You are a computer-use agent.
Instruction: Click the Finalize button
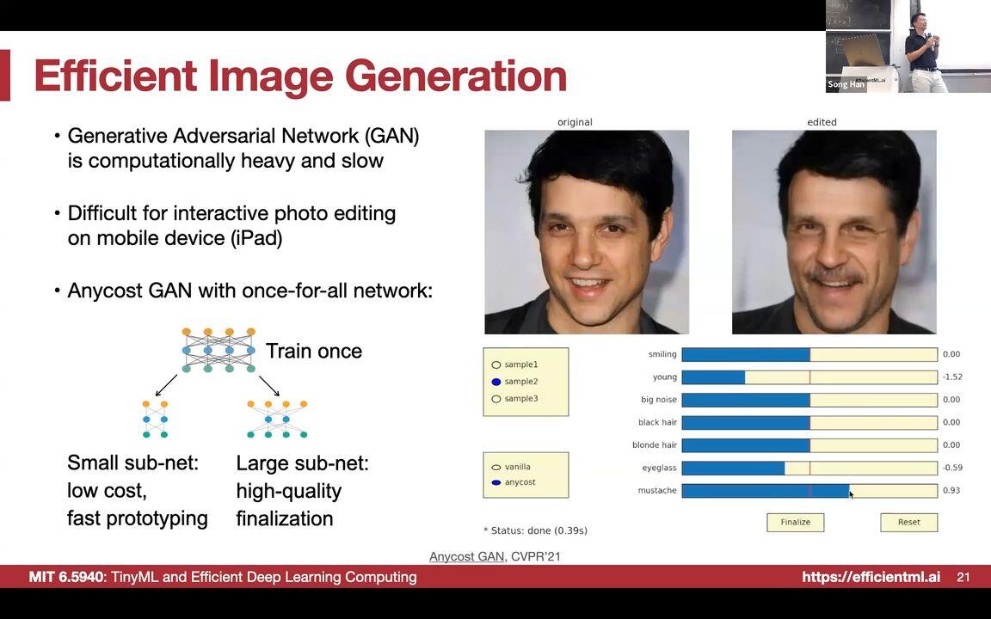[795, 522]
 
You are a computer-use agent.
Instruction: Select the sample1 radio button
[496, 365]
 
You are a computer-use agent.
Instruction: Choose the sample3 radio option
[496, 399]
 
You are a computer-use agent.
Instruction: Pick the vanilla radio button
[496, 467]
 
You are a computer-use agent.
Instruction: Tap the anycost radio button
[496, 482]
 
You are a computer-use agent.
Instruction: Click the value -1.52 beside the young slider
[951, 377]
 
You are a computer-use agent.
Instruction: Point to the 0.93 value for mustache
[951, 490]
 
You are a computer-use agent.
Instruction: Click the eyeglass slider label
[659, 468]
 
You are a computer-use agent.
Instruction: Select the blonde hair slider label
[655, 444]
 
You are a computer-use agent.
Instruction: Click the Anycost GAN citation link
[466, 556]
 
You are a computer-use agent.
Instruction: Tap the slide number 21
[963, 577]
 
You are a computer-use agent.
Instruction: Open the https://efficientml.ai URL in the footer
[871, 577]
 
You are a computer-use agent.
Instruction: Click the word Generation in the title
[456, 76]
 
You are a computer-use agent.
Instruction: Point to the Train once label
[314, 351]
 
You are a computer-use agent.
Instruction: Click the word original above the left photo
[575, 122]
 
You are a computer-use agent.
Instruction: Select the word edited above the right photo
[822, 122]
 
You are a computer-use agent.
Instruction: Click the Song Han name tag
[846, 84]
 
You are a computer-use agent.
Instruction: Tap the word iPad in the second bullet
[256, 238]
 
